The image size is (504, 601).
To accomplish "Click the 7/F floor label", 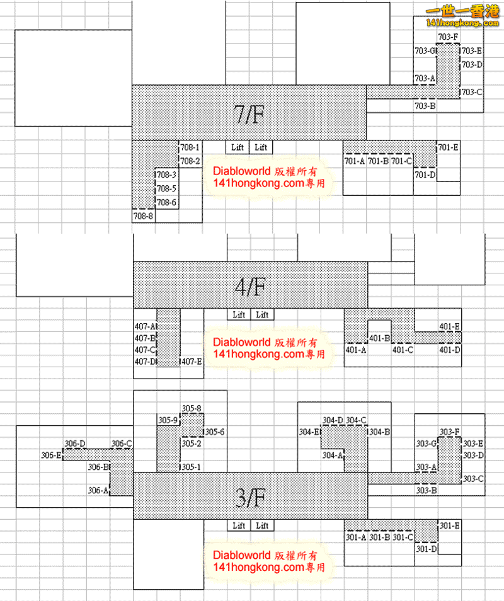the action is point(249,114).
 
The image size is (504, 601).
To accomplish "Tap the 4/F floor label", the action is point(250,286).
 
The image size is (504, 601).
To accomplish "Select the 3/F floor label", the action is point(250,498).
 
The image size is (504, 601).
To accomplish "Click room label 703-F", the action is point(448,37).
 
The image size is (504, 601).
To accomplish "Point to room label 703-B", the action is point(425,105).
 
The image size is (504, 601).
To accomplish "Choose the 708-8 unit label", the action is point(143,216).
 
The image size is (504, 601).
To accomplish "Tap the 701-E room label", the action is point(448,147).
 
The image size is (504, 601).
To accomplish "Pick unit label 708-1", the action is point(190,147).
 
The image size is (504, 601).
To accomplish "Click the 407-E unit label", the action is point(192,361).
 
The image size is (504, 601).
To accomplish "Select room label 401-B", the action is point(379,338).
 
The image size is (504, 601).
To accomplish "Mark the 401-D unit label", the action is point(450,350).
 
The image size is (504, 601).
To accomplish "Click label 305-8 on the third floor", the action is point(192,408).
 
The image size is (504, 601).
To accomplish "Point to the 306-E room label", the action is point(51,455).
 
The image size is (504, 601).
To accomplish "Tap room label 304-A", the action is point(332,455).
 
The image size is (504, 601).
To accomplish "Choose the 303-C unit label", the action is point(473,478).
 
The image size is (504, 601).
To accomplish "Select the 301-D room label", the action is point(427,549).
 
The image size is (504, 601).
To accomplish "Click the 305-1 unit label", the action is point(191,467).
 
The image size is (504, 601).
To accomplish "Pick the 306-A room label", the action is point(98,490).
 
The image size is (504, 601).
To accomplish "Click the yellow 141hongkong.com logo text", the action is point(462,23).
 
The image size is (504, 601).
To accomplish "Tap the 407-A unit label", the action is point(145,326).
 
